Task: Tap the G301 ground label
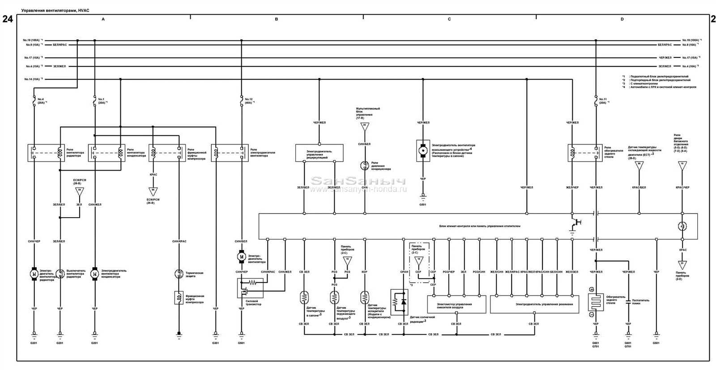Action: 215,343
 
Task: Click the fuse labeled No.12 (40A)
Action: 242,103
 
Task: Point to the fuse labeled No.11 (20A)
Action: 596,103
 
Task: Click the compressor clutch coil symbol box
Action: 179,297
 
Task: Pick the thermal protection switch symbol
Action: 179,273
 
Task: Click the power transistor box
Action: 250,288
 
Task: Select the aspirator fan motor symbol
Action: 422,151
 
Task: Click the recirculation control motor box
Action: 319,152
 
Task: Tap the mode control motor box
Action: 534,304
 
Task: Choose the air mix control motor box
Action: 456,304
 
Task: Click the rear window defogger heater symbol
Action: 596,302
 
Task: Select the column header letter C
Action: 449,19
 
